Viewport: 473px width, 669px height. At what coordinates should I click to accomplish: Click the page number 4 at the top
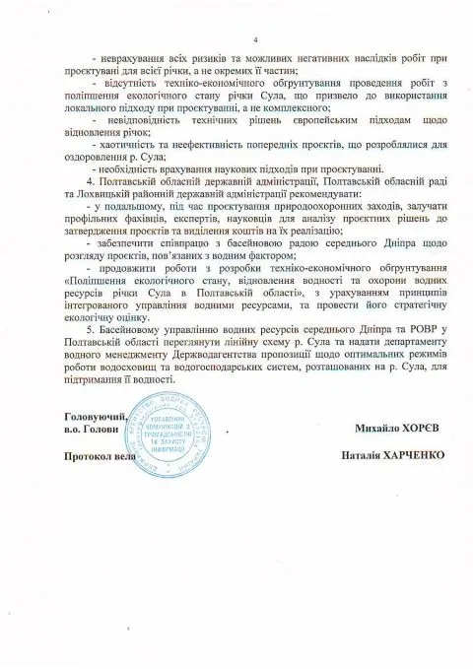pyautogui.click(x=254, y=40)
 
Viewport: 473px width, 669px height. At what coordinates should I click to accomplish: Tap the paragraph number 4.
pyautogui.click(x=90, y=182)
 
